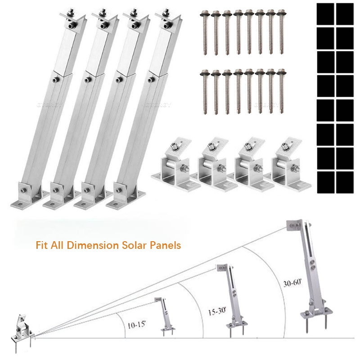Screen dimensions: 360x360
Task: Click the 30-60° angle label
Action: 293,284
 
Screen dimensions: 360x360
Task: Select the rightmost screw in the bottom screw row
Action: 282,90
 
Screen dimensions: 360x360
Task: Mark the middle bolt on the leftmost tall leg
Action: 54,81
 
